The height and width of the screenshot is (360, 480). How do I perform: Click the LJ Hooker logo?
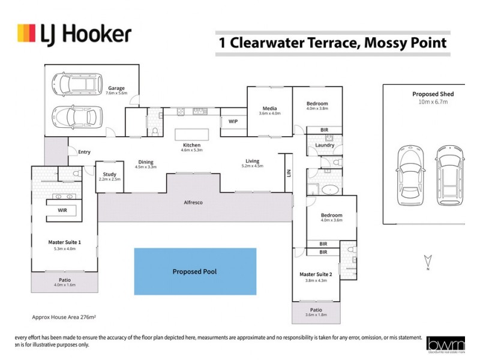tap(74, 34)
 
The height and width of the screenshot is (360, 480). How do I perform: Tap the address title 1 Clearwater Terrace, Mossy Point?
tap(331, 43)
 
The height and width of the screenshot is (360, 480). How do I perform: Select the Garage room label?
tap(116, 89)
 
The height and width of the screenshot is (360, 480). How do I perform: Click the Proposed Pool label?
tap(194, 272)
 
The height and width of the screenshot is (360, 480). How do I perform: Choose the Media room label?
tap(269, 107)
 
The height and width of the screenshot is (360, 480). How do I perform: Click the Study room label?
tap(109, 174)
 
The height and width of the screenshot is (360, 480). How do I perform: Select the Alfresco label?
tap(193, 203)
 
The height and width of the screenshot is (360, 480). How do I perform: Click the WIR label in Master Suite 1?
tap(62, 211)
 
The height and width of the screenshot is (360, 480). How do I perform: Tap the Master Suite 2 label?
tap(316, 274)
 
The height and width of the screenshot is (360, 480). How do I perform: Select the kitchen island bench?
tap(191, 134)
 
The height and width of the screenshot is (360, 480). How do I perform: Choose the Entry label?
tap(84, 152)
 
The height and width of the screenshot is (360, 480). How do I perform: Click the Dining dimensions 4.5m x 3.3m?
tap(146, 167)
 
